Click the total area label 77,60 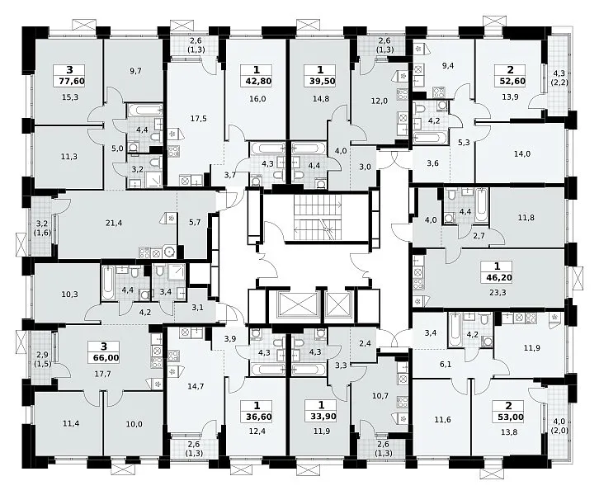click(x=69, y=82)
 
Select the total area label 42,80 click(x=256, y=82)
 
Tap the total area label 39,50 click(x=320, y=82)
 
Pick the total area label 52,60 click(x=510, y=81)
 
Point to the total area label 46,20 click(x=497, y=278)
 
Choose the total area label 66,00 click(x=104, y=358)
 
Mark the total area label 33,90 click(x=321, y=417)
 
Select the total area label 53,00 click(x=508, y=417)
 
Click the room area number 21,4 click(x=114, y=223)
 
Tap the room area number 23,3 click(x=498, y=293)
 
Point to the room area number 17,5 click(x=198, y=119)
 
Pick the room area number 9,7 click(x=135, y=70)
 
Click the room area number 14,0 click(x=521, y=154)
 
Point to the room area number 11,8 click(x=526, y=218)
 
